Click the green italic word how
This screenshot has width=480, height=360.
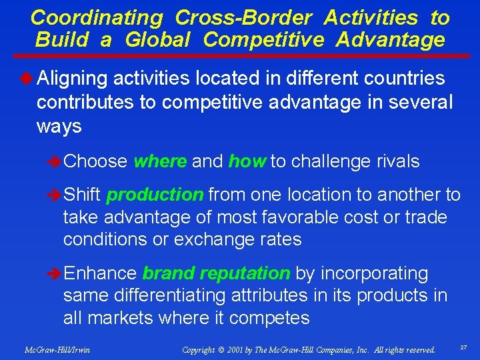click(x=247, y=161)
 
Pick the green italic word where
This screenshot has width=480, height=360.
click(x=160, y=161)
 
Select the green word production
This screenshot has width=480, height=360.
click(x=155, y=195)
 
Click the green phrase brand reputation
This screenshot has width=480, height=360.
click(x=216, y=273)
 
